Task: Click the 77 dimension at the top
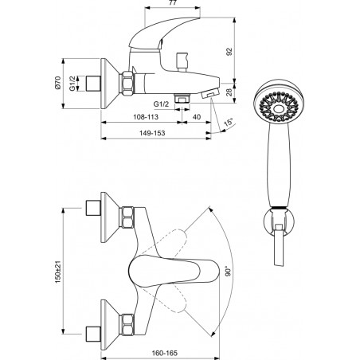tap(173, 2)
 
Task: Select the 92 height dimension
tap(229, 52)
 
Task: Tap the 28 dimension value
tap(229, 92)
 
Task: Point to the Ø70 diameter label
tap(57, 83)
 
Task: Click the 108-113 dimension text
tap(146, 117)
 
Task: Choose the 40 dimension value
tap(197, 117)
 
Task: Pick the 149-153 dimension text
tap(152, 133)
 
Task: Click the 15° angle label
tap(228, 123)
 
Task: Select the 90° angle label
tap(228, 271)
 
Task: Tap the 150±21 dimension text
tap(58, 272)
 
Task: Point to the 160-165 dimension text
tap(165, 354)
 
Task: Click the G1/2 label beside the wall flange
tap(72, 84)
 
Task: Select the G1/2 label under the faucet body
tap(161, 104)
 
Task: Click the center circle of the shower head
tap(278, 108)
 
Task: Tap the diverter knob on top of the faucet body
tap(182, 62)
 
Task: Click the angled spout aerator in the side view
tap(210, 93)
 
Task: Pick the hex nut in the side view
tap(127, 83)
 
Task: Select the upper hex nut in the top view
tap(127, 217)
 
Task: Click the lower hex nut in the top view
tap(127, 324)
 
